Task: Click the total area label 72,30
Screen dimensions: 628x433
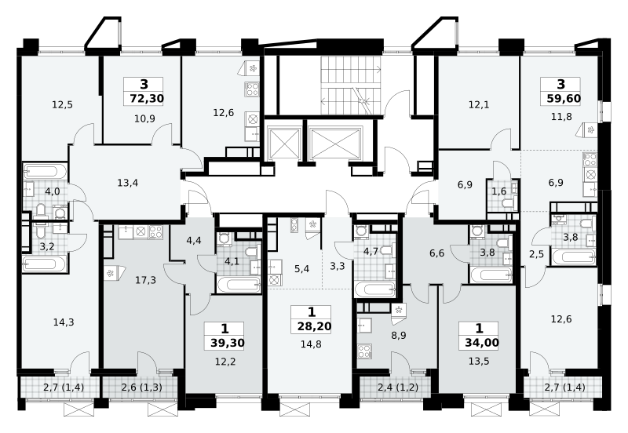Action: tap(147, 98)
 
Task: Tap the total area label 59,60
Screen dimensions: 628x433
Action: tap(564, 98)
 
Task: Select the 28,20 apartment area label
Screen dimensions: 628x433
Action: tap(315, 326)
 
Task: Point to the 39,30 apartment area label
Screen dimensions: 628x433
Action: tap(227, 343)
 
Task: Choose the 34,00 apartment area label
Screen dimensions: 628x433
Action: tap(482, 343)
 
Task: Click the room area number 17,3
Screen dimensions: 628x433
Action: tap(145, 280)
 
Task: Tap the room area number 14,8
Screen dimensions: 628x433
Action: tap(311, 344)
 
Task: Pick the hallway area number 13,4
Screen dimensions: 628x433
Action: tap(128, 184)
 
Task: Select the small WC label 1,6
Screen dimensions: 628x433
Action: tap(499, 191)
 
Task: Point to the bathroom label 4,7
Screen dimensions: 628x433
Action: tap(371, 252)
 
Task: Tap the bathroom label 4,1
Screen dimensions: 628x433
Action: tap(232, 262)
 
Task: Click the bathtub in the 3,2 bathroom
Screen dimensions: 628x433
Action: tap(44, 264)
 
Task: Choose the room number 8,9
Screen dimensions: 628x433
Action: tap(399, 336)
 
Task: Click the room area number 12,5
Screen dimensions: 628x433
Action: tap(62, 105)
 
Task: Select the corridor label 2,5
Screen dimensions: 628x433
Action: tap(536, 254)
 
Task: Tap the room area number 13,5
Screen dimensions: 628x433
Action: tap(479, 362)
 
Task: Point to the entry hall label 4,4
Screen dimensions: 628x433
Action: tap(194, 241)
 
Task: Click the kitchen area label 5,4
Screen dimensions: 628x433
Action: tap(301, 269)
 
